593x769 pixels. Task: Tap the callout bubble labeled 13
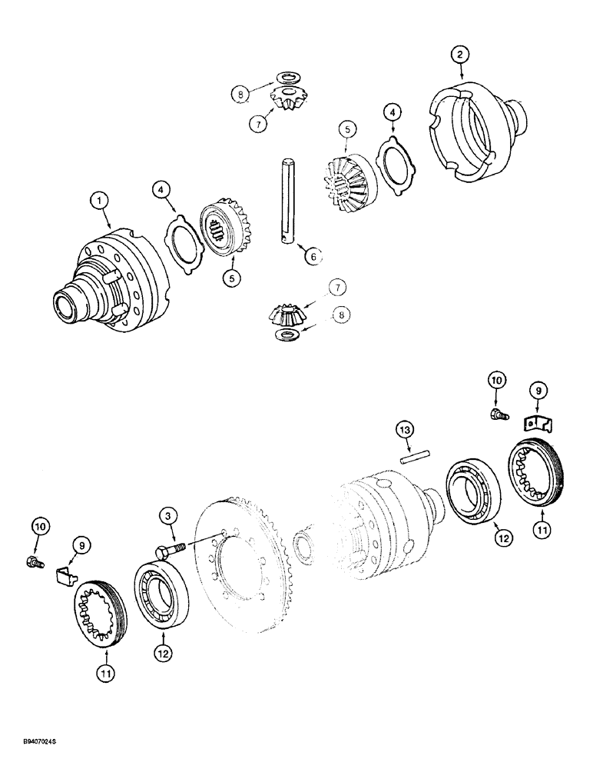pyautogui.click(x=406, y=428)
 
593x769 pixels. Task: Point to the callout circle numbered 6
pyautogui.click(x=310, y=258)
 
